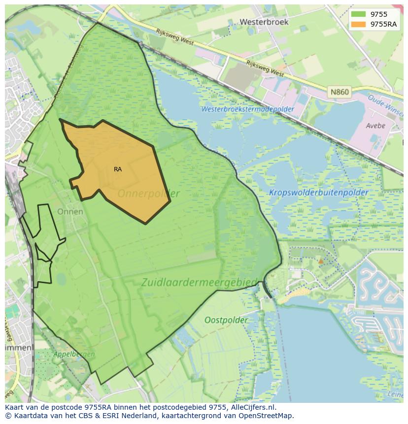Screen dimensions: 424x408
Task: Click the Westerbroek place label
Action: [x=264, y=22]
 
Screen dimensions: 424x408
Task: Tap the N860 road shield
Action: [x=339, y=92]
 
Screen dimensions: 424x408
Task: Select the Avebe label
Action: [x=375, y=126]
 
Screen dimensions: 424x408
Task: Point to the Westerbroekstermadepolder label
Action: [x=248, y=109]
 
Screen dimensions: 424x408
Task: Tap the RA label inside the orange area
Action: [x=118, y=169]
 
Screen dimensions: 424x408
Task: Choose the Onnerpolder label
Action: [x=148, y=194]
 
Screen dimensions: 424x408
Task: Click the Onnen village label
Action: [x=70, y=212]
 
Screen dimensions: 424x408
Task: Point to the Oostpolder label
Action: [x=227, y=320]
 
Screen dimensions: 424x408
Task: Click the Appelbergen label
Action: [x=54, y=353]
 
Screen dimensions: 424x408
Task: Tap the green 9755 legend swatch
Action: [x=358, y=14]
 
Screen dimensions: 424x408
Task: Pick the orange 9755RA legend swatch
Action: [x=358, y=24]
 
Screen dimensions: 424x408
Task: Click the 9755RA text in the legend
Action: [x=384, y=24]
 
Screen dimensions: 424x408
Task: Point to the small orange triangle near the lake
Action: [x=321, y=261]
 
